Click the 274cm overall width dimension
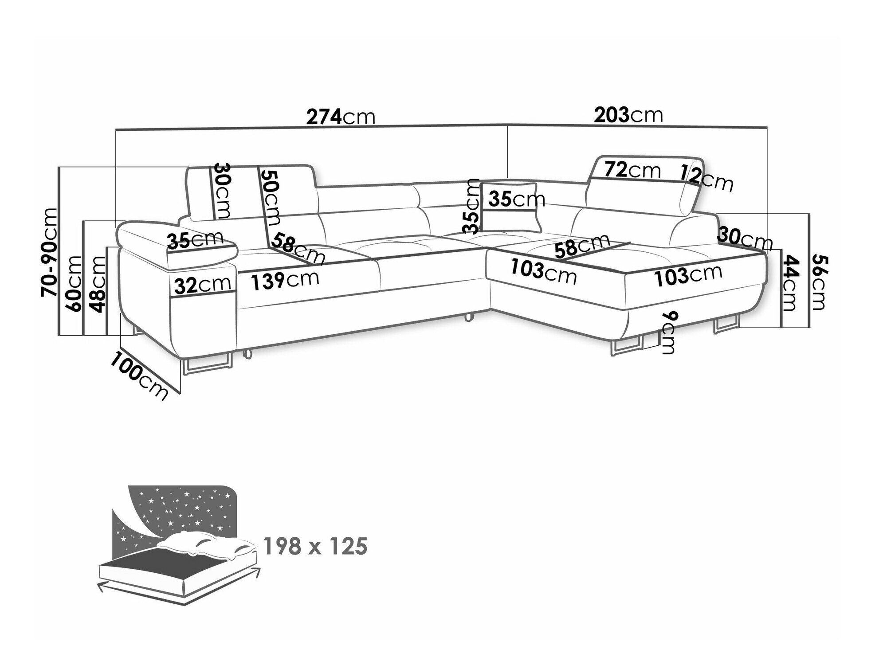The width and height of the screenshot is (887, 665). [x=341, y=117]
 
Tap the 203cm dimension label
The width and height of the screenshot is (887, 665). [x=628, y=115]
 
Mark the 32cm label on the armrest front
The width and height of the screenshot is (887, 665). [x=202, y=285]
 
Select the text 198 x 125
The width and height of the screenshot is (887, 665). [x=315, y=546]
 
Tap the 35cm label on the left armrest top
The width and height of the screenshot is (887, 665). [x=195, y=240]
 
